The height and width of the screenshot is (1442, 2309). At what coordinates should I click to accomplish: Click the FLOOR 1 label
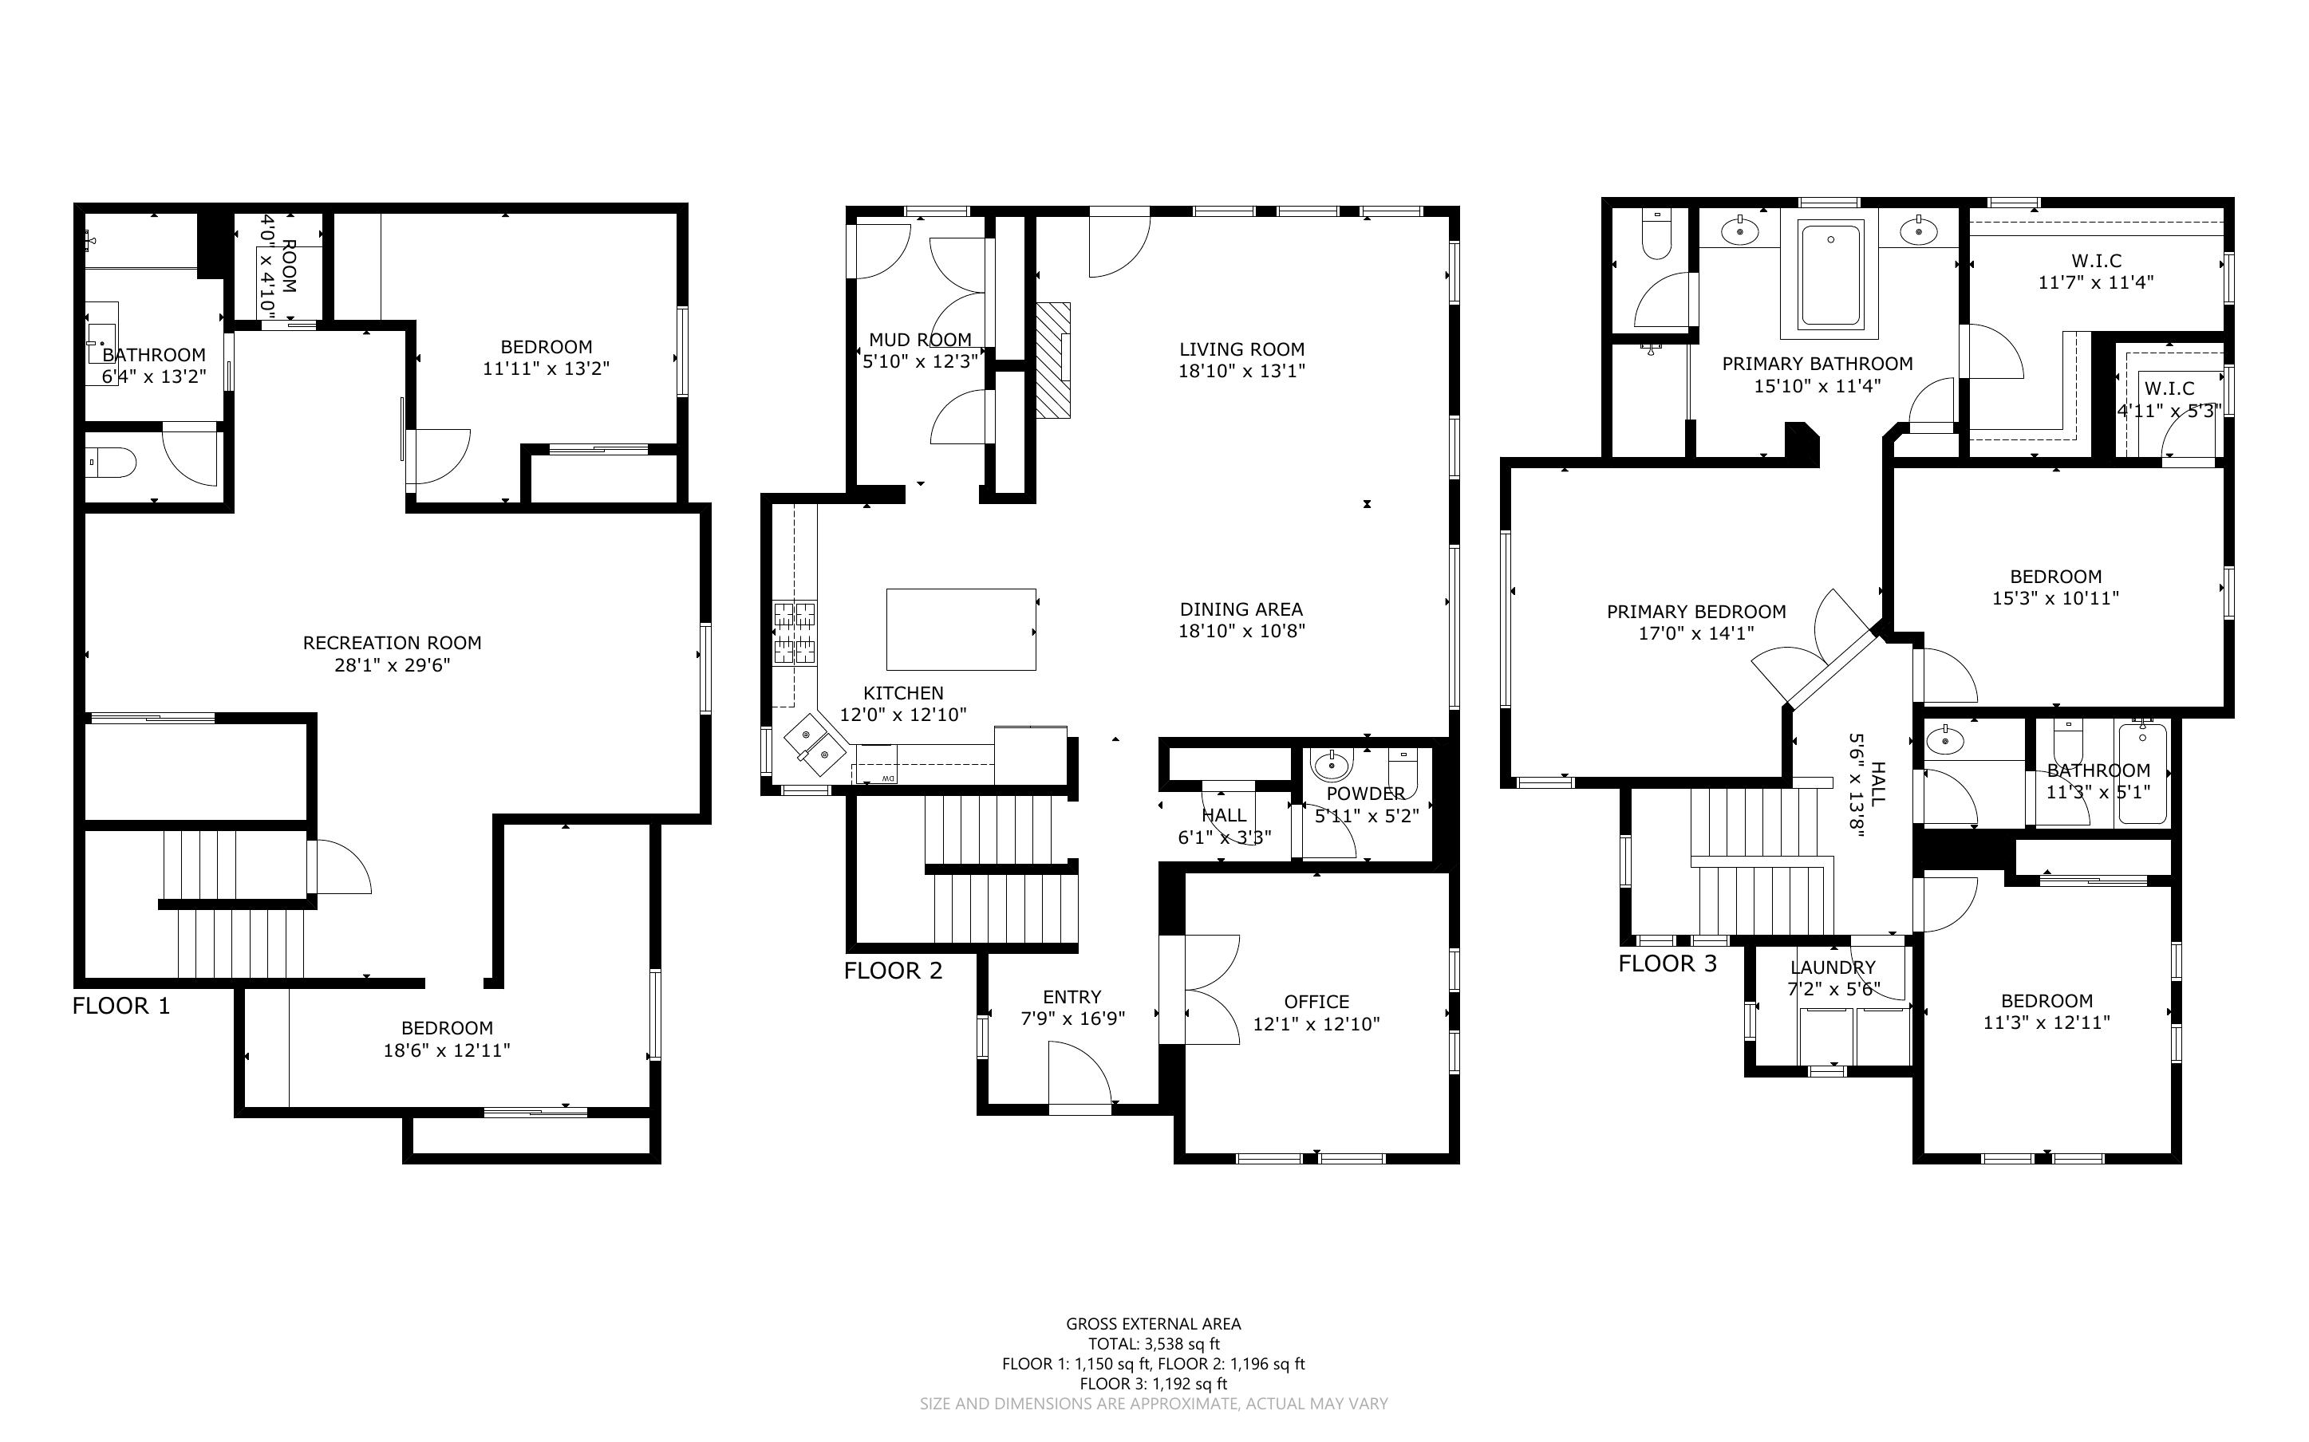pyautogui.click(x=121, y=1007)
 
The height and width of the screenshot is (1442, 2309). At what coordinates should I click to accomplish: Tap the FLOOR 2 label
pyautogui.click(x=893, y=971)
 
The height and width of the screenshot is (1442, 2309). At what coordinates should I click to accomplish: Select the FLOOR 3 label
pyautogui.click(x=1668, y=963)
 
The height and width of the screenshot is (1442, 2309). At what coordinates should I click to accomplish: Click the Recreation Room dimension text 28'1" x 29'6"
pyautogui.click(x=392, y=664)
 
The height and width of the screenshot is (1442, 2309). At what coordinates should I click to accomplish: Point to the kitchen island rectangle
pyautogui.click(x=961, y=629)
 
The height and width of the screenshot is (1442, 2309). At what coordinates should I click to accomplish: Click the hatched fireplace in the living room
pyautogui.click(x=1055, y=360)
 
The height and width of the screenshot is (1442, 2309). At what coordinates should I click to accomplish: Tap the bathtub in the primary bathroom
pyautogui.click(x=1829, y=276)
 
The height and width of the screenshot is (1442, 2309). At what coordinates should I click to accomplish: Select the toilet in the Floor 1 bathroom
pyautogui.click(x=112, y=464)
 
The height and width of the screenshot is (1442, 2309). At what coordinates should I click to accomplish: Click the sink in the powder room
pyautogui.click(x=1332, y=765)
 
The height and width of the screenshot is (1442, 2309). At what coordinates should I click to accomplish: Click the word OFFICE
pyautogui.click(x=1316, y=1002)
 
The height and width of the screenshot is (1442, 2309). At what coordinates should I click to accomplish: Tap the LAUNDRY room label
pyautogui.click(x=1832, y=967)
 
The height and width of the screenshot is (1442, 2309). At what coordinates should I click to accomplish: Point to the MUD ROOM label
pyautogui.click(x=919, y=340)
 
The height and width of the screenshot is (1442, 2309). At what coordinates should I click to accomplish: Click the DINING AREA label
pyautogui.click(x=1241, y=609)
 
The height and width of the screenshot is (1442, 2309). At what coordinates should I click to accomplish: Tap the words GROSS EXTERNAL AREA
pyautogui.click(x=1153, y=1324)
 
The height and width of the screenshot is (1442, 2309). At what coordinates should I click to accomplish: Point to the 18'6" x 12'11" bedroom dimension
pyautogui.click(x=446, y=1050)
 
